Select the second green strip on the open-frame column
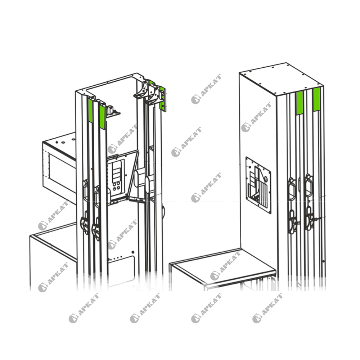point(102,117)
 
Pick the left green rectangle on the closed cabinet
point(300,103)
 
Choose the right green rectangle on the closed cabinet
point(316,99)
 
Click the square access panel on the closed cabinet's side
point(258,185)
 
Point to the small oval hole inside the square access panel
point(266,179)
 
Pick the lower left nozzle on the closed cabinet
point(292,221)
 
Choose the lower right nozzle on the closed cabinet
point(309,218)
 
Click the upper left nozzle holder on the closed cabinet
point(292,189)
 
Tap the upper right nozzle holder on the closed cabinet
point(309,185)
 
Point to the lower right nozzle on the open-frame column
point(96,229)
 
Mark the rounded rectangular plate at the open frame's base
point(121,271)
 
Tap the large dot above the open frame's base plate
point(133,252)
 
